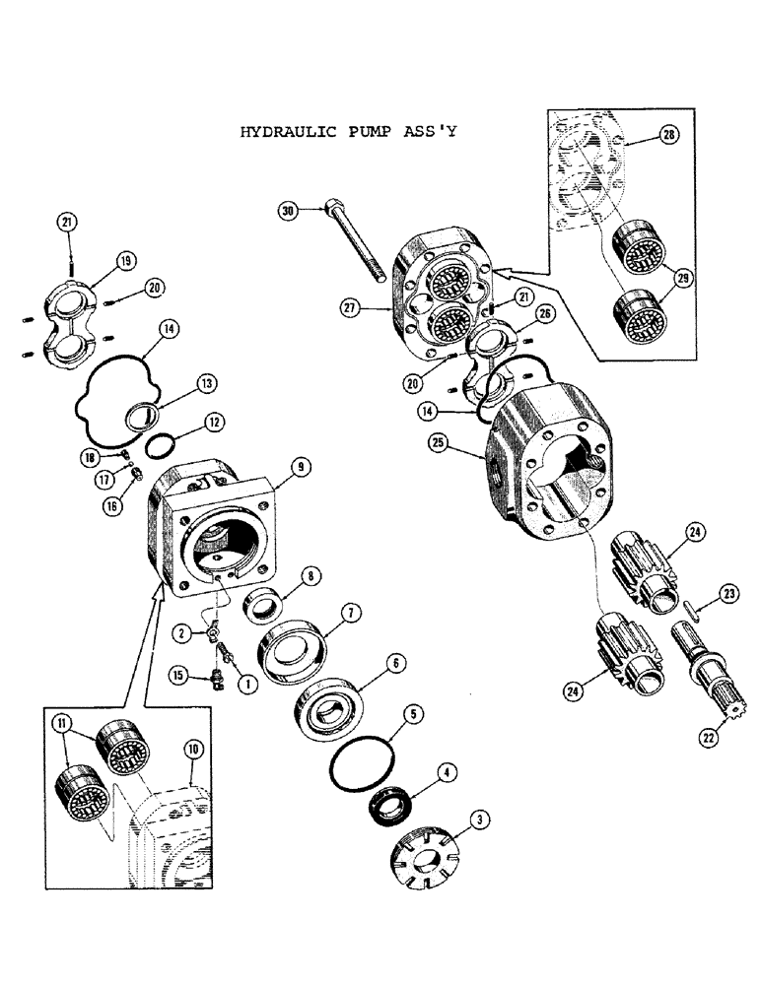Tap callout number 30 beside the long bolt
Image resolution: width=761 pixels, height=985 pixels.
[x=288, y=210]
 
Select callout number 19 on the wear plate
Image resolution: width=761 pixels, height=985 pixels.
[x=127, y=261]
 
